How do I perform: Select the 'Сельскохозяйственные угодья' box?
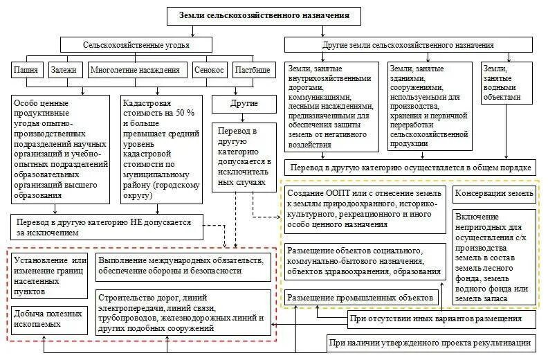[136, 45]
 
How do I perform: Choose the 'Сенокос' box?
[208, 70]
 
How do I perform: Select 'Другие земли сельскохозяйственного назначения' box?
[409, 45]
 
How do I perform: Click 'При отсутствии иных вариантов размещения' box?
[441, 318]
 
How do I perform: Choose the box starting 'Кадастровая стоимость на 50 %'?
[162, 150]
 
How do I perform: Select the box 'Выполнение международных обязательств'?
[181, 265]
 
